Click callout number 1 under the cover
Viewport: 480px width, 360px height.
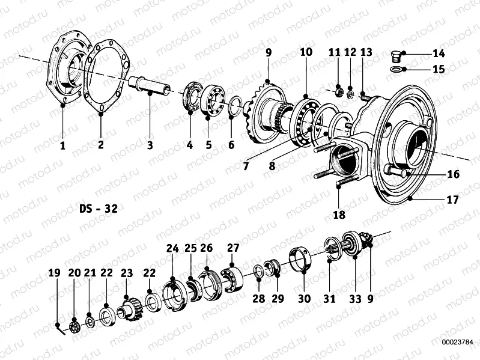62,144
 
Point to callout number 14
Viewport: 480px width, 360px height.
439,53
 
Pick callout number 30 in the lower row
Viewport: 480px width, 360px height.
304,298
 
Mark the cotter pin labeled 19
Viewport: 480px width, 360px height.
60,328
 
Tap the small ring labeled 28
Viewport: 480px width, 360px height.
258,272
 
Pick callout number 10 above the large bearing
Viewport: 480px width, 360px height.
306,53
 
